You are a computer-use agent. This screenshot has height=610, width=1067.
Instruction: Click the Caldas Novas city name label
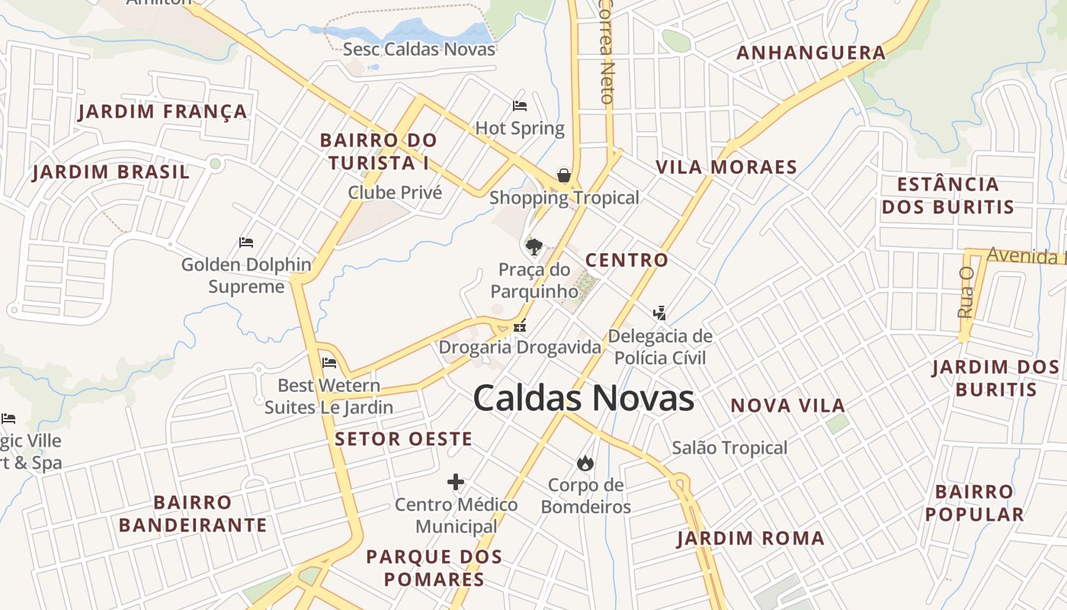(x=583, y=399)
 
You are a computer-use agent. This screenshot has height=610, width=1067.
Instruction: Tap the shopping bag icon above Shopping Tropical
(x=564, y=175)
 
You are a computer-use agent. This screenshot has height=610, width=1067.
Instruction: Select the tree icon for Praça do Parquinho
(x=533, y=246)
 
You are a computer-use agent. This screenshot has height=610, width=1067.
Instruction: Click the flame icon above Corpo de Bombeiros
(x=585, y=463)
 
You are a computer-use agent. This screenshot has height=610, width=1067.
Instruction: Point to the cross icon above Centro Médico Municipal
(x=456, y=482)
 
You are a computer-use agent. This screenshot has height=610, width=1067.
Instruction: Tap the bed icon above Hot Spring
(x=520, y=106)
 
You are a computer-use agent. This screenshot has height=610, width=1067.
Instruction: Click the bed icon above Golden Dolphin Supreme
(x=246, y=242)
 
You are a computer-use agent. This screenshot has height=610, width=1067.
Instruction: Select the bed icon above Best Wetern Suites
(x=329, y=363)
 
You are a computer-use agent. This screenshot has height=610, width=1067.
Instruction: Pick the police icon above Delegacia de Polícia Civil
(x=659, y=313)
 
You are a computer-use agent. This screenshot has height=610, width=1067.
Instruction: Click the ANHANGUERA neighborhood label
(x=811, y=53)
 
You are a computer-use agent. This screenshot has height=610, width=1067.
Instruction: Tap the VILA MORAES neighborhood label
(x=726, y=167)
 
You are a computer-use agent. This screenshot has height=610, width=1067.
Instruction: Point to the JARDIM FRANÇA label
(x=163, y=111)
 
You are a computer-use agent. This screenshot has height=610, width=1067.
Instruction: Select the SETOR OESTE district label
(x=404, y=438)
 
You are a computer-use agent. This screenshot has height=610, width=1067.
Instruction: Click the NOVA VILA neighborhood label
(x=788, y=406)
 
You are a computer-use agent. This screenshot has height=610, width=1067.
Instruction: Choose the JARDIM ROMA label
(x=751, y=538)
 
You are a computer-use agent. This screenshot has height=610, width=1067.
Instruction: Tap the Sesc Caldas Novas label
(x=419, y=50)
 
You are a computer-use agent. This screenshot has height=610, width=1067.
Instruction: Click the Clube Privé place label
(x=395, y=192)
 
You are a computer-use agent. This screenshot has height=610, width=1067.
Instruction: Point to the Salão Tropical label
(x=729, y=448)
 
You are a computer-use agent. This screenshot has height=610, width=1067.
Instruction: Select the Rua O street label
(x=966, y=292)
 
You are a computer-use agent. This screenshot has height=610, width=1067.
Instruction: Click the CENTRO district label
(x=626, y=260)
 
